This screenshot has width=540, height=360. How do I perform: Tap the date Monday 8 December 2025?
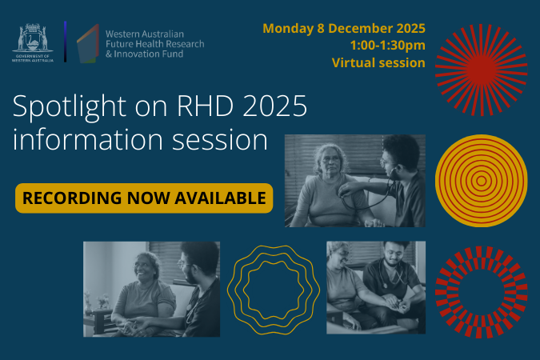click(343, 30)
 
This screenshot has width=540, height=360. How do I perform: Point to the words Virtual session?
click(378, 62)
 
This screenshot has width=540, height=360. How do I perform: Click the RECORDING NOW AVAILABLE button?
click(144, 198)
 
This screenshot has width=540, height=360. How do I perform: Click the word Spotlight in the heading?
click(65, 108)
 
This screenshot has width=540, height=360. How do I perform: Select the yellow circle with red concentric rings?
click(482, 181)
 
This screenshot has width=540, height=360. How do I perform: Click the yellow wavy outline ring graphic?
click(274, 289)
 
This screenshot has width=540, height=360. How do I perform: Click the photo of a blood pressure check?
click(354, 181)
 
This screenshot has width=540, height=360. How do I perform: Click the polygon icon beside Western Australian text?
click(87, 43)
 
